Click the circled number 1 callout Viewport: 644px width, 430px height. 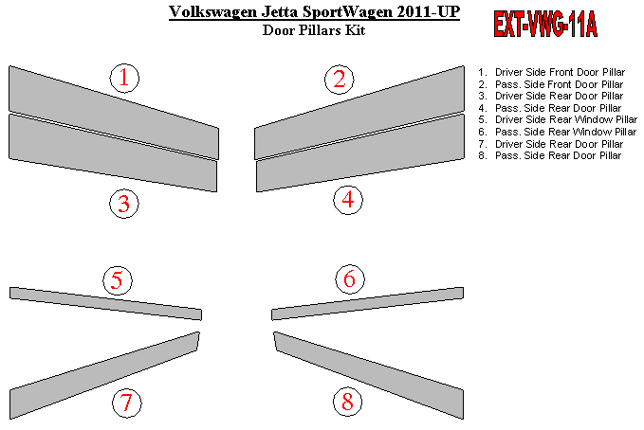(124, 78)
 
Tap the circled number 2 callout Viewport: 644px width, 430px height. (340, 80)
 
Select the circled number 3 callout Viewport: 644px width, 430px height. (124, 204)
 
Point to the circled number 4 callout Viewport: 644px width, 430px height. (348, 200)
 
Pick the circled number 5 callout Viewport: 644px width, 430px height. (118, 280)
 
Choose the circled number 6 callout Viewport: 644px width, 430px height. (350, 279)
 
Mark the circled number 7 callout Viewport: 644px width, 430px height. (127, 403)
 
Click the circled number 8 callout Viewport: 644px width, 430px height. (347, 402)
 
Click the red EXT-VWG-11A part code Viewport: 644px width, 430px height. (545, 25)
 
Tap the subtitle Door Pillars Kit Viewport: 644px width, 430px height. (314, 30)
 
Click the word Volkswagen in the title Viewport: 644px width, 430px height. (212, 11)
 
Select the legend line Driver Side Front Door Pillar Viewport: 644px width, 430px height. (551, 72)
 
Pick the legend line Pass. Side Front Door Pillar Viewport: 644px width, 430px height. (550, 84)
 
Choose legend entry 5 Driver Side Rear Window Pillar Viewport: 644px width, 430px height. (558, 119)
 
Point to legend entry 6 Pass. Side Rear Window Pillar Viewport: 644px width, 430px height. (557, 132)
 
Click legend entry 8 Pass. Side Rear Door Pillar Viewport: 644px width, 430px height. (549, 155)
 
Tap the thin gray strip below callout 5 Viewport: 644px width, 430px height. (105, 304)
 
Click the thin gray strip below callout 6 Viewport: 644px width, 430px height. (368, 304)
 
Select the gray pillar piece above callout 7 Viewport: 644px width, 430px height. (104, 375)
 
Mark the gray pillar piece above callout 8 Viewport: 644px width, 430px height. (369, 375)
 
